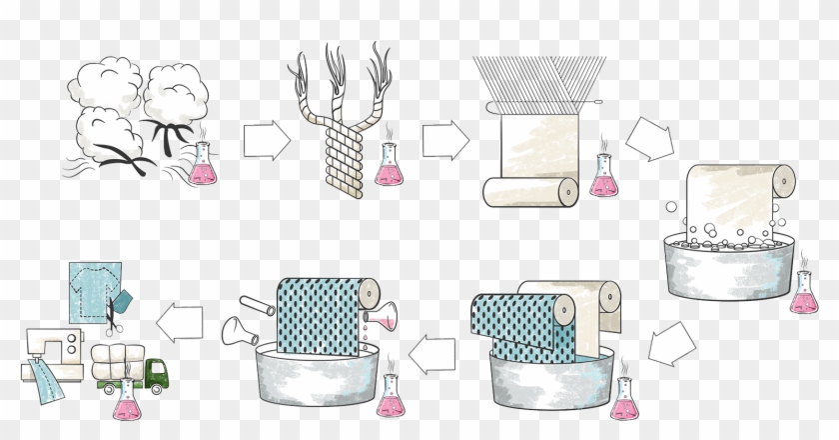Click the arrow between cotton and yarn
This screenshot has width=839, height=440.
point(266,140)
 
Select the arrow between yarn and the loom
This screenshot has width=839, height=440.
point(445,140)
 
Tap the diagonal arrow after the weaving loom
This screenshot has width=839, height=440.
point(649,137)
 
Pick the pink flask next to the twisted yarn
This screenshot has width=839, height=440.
point(389,166)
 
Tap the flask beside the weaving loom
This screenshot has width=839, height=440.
point(603,176)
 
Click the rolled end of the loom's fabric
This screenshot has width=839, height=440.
point(566,189)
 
